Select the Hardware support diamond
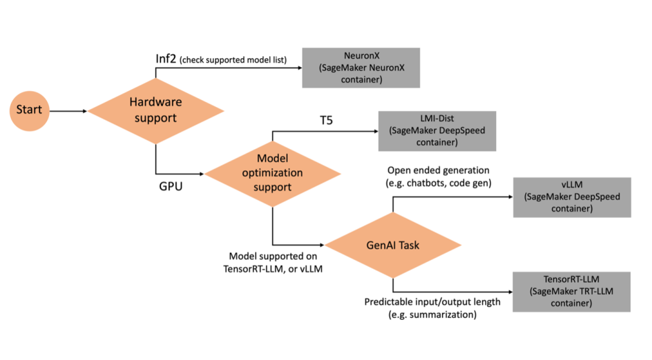[155, 110]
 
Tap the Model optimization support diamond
[273, 173]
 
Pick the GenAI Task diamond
[393, 245]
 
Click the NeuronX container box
[361, 68]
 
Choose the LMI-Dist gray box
[437, 131]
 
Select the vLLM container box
[572, 197]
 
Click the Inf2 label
[167, 59]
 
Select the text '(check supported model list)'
[232, 61]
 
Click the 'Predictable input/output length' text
[432, 301]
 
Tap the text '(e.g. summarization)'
[432, 314]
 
